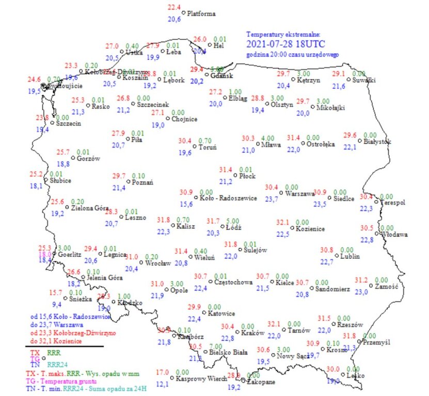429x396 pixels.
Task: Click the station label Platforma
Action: pyautogui.click(x=201, y=14)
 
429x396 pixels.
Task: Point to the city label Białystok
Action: pyautogui.click(x=377, y=141)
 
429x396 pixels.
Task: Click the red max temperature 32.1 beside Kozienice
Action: pyautogui.click(x=282, y=222)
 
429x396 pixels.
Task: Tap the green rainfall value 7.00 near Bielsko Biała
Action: pyautogui.click(x=215, y=346)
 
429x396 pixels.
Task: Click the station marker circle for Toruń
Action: pyautogui.click(x=195, y=147)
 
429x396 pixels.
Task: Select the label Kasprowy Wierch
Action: pyautogui.click(x=202, y=379)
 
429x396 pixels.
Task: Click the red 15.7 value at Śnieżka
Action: pyautogui.click(x=55, y=292)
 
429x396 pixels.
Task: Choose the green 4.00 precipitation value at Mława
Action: pyautogui.click(x=268, y=138)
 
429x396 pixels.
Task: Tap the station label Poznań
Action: pyautogui.click(x=142, y=182)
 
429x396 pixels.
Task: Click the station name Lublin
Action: pyautogui.click(x=349, y=256)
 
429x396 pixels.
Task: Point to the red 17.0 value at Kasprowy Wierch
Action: pyautogui.click(x=163, y=372)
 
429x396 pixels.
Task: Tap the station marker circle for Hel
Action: pyautogui.click(x=209, y=45)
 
